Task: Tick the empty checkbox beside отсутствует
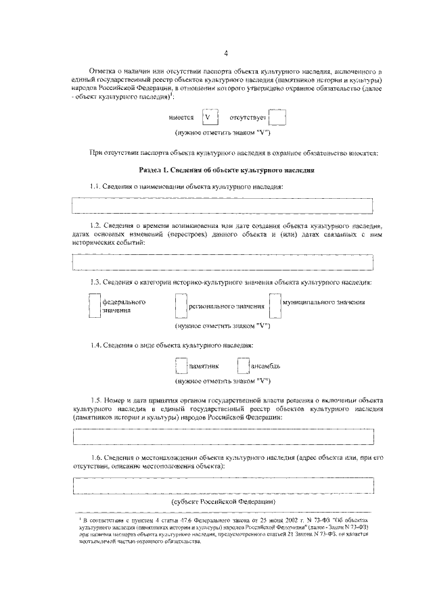278,117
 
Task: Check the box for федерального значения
95,306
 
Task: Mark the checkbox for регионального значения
181,306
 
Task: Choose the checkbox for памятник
181,366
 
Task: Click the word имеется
181,118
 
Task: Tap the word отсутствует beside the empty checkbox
249,118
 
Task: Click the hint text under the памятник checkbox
223,381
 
